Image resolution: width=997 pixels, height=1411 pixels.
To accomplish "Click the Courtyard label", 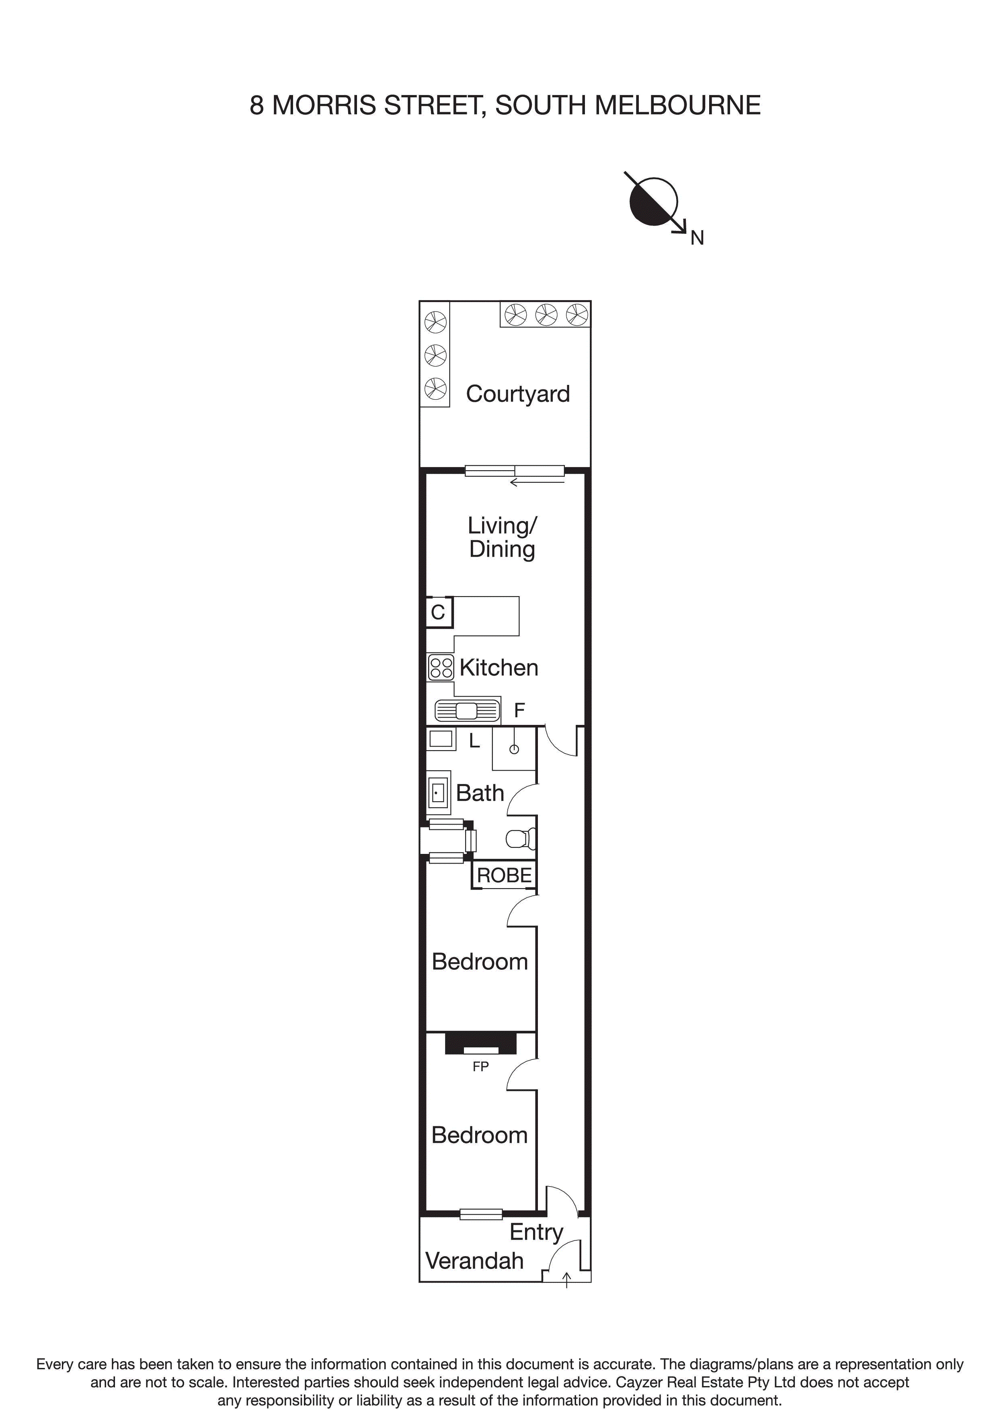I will coord(517,394).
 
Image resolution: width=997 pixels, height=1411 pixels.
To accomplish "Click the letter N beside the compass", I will coord(697,238).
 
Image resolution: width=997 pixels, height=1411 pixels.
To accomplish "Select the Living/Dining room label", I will coord(502,537).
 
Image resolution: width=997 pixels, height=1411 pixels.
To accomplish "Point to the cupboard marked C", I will coord(438,612).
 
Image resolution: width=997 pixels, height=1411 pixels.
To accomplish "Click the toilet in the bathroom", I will coord(521,838).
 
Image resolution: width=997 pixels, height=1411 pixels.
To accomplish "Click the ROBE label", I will coord(504,875).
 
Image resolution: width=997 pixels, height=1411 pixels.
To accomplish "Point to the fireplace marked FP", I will coord(480,1046).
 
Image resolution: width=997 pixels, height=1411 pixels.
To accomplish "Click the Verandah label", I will coord(474,1261).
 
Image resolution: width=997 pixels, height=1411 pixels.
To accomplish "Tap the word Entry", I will coord(535,1232).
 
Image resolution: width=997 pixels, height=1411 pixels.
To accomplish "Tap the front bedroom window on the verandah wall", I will coord(481,1214).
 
